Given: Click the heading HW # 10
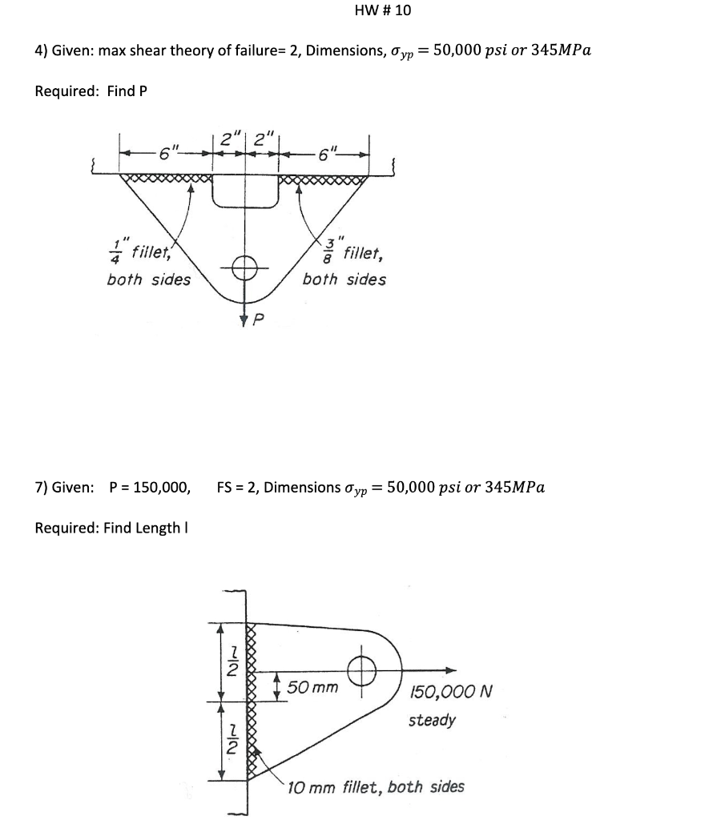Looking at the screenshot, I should tap(382, 10).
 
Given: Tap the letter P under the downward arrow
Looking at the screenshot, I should tap(258, 320).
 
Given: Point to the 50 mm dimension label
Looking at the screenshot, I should tap(312, 687).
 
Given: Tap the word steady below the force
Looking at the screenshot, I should tap(432, 720).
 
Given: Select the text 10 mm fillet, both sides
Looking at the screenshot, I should tap(376, 786).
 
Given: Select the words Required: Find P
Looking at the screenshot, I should tap(91, 90).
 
